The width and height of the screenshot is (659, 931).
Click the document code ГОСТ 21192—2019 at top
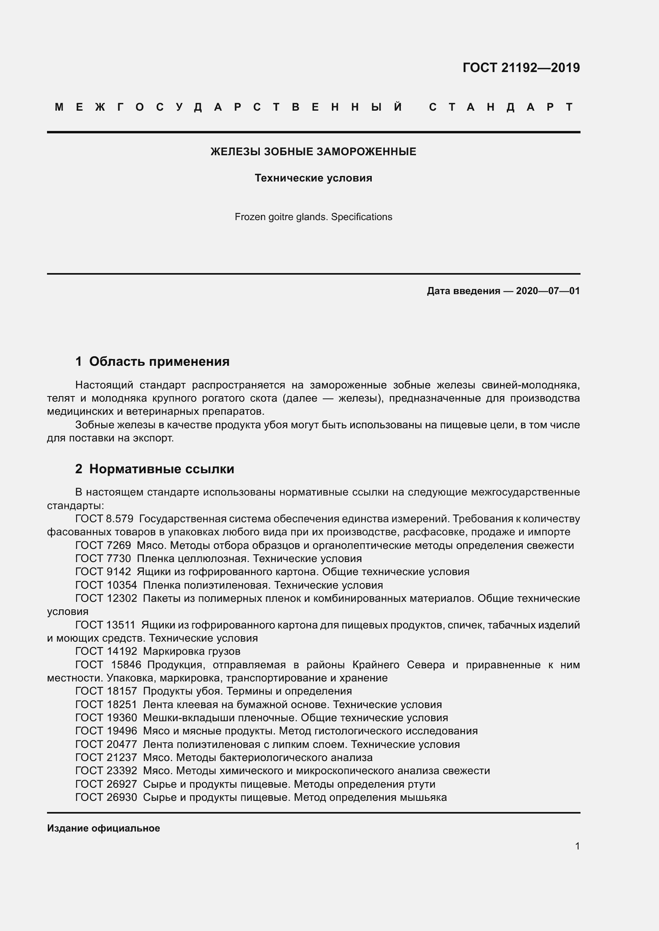click(x=521, y=68)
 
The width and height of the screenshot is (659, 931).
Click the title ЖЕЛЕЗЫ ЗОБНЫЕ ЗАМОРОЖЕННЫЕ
click(x=313, y=152)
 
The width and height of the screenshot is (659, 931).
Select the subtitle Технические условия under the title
click(x=313, y=178)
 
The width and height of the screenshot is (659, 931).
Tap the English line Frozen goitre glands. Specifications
click(x=313, y=217)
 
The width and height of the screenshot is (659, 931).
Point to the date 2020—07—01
click(x=547, y=291)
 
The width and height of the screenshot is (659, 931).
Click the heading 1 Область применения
click(x=153, y=361)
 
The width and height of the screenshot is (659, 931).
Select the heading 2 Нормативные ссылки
click(x=155, y=469)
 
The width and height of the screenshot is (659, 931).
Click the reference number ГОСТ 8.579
click(x=104, y=519)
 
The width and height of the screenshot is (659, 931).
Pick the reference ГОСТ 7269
click(x=103, y=545)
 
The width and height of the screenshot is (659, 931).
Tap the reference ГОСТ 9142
click(x=103, y=572)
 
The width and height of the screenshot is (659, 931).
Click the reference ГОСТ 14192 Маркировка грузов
click(x=158, y=652)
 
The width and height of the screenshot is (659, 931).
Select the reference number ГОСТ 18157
click(x=106, y=691)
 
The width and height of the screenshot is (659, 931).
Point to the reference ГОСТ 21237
click(x=106, y=757)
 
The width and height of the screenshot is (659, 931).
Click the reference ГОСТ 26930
click(x=106, y=797)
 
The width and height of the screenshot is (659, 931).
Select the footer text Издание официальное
click(x=104, y=828)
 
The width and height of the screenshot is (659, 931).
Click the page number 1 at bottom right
click(x=577, y=846)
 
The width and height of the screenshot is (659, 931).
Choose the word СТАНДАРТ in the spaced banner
click(x=501, y=107)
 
